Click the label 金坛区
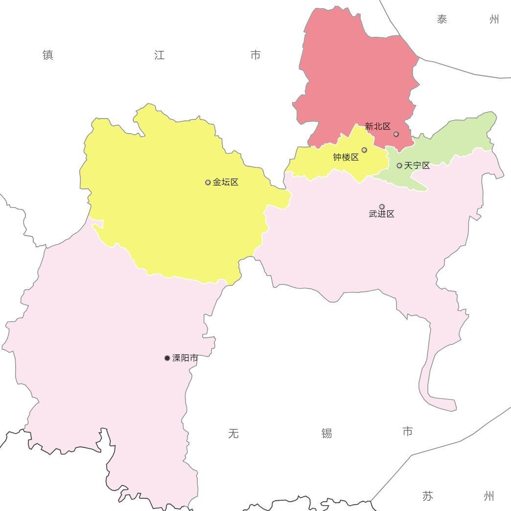click(226, 182)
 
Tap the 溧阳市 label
click(185, 358)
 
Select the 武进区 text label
click(382, 214)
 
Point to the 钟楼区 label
click(346, 157)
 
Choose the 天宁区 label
click(417, 165)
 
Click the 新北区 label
click(378, 126)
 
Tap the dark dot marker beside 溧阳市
click(167, 358)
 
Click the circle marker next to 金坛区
click(208, 182)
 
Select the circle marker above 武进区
click(382, 207)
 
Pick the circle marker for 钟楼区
click(364, 150)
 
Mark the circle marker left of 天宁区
click(399, 165)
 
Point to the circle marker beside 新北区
click(396, 134)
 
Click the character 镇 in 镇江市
click(48, 55)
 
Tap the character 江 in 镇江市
click(160, 55)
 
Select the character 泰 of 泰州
click(442, 20)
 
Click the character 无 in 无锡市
click(233, 433)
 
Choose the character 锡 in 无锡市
click(327, 433)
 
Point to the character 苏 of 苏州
click(428, 496)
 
